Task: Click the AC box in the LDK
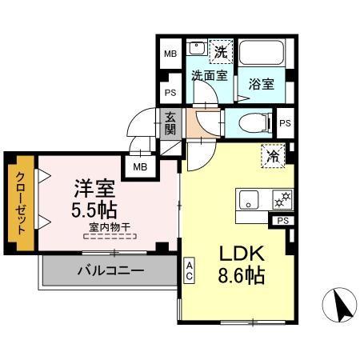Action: click(x=190, y=269)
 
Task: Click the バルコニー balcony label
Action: click(x=110, y=270)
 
